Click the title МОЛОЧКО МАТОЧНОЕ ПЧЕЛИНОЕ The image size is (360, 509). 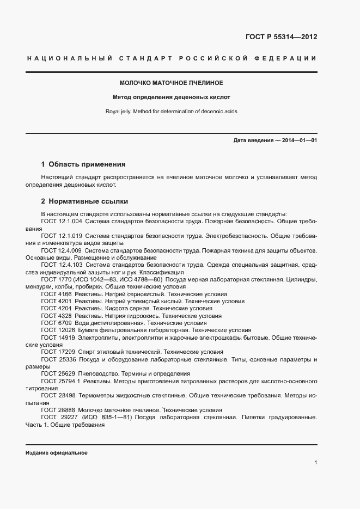click(172, 83)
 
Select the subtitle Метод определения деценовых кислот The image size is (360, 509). click(172, 97)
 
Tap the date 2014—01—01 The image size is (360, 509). click(298, 140)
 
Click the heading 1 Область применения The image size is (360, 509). click(83, 164)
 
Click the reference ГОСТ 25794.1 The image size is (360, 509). click(60, 381)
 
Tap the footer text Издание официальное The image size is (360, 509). click(56, 453)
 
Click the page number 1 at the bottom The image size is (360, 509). click(316, 463)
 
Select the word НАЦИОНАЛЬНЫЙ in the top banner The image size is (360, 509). click(69, 58)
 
